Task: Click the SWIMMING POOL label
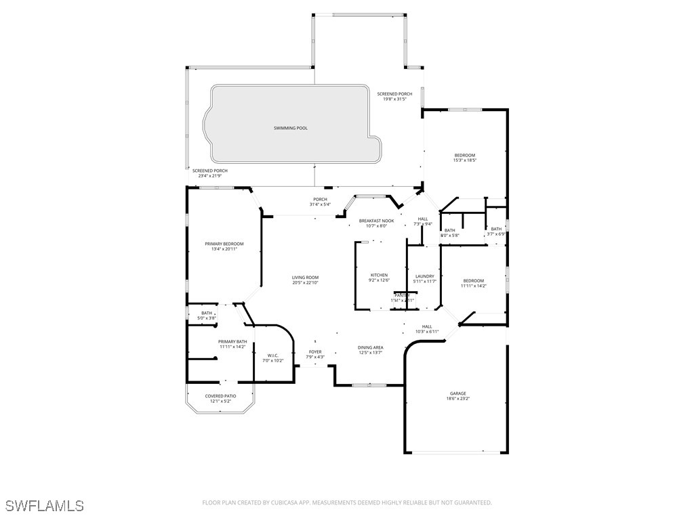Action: click(290, 128)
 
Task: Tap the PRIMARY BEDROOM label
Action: click(224, 244)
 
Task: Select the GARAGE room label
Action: click(458, 393)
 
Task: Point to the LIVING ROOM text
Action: click(305, 278)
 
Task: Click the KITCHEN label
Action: click(379, 275)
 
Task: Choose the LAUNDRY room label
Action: click(424, 276)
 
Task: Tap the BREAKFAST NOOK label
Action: click(376, 221)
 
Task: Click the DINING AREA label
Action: click(371, 347)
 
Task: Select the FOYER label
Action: click(315, 352)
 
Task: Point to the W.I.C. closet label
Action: click(272, 355)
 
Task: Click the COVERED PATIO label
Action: click(220, 396)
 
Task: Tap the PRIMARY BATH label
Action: click(232, 341)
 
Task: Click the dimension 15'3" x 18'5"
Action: click(465, 160)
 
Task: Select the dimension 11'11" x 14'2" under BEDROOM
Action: click(474, 286)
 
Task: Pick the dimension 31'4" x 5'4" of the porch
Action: click(320, 204)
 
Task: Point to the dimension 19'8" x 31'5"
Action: click(394, 99)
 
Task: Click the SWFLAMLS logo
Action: click(44, 506)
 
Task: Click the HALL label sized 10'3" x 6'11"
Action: click(427, 326)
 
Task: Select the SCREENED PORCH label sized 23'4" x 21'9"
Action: click(209, 171)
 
